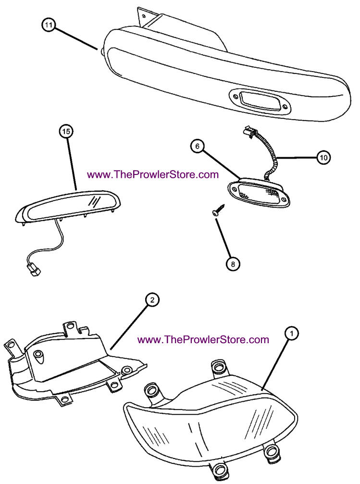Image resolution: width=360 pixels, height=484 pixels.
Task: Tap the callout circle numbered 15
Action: point(66,131)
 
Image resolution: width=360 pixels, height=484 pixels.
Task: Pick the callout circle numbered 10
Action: point(323,157)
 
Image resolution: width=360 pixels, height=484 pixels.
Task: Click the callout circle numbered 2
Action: point(152,300)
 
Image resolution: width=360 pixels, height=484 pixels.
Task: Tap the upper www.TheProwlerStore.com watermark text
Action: point(153,174)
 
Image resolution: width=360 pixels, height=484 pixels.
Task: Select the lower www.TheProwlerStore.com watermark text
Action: point(203,339)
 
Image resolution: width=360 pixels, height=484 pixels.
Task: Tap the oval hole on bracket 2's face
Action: point(39,356)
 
